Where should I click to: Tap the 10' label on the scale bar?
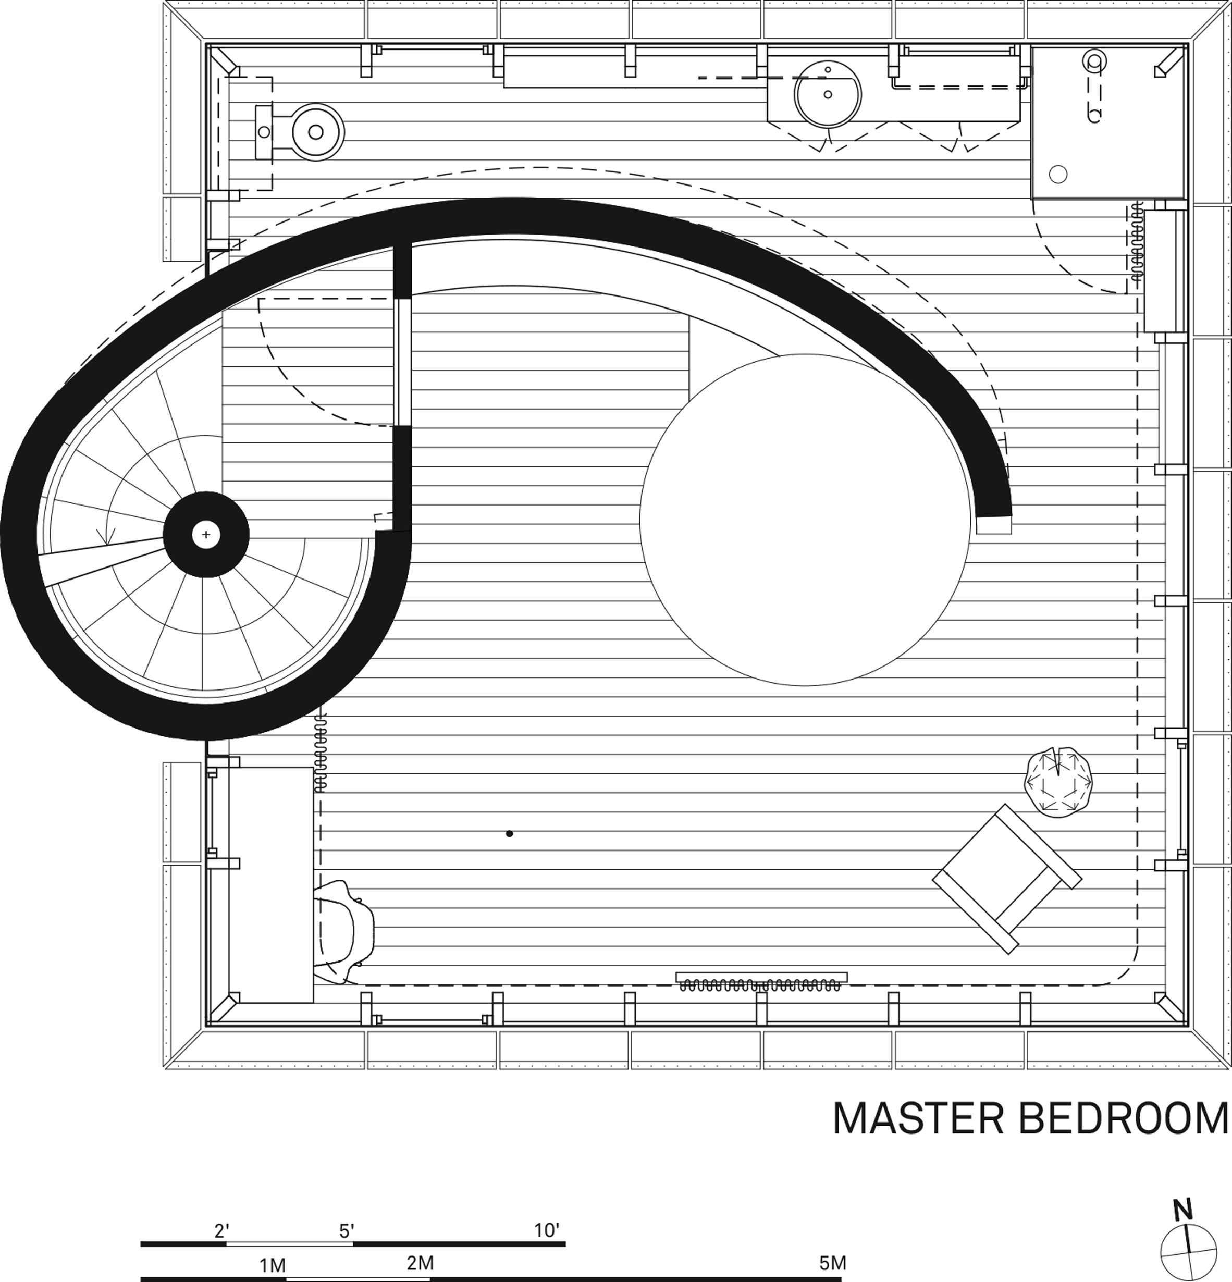547,1230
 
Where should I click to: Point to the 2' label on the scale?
221,1230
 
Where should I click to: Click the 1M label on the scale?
272,1265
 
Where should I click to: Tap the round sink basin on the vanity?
828,94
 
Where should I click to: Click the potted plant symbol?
1058,782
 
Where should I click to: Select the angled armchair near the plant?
1006,879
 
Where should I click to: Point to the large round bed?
805,520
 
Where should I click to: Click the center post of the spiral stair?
206,534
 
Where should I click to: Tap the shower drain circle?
1057,174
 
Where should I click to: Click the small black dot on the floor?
509,833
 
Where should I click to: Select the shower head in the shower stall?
1094,61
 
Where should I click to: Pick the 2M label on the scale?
421,1262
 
